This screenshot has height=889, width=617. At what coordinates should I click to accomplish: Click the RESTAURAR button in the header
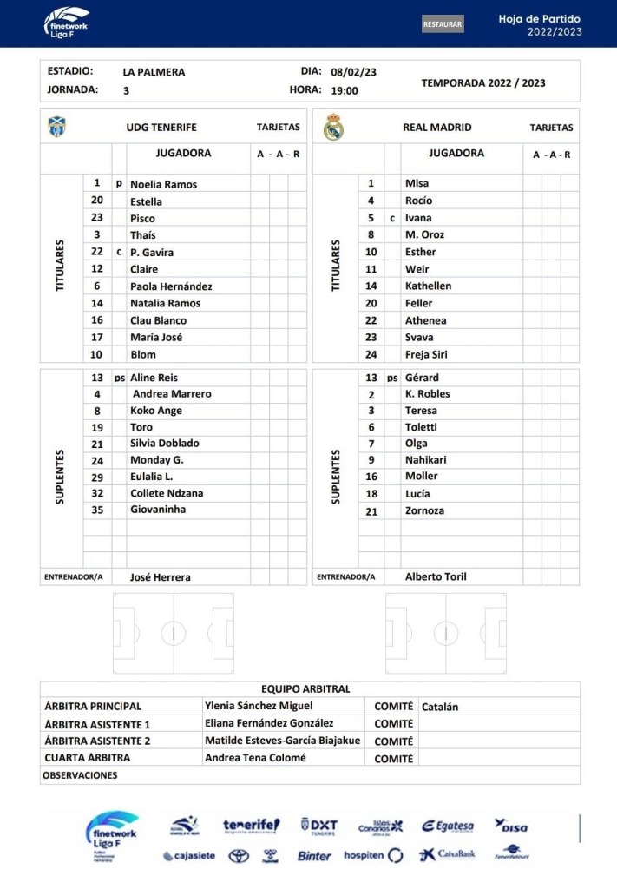pyautogui.click(x=443, y=24)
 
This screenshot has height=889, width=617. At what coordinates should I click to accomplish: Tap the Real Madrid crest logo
pyautogui.click(x=333, y=128)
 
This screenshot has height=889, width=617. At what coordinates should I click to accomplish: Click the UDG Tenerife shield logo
pyautogui.click(x=57, y=127)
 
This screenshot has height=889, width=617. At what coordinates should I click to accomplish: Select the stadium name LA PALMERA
pyautogui.click(x=154, y=72)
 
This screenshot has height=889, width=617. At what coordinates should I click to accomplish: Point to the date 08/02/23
pyautogui.click(x=353, y=72)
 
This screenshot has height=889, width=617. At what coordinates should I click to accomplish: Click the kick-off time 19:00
pyautogui.click(x=345, y=89)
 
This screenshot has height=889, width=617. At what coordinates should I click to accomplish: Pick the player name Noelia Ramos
pyautogui.click(x=163, y=184)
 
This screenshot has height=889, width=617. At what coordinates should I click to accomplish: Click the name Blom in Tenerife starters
pyautogui.click(x=143, y=354)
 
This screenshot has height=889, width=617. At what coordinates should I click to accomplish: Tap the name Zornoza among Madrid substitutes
pyautogui.click(x=424, y=510)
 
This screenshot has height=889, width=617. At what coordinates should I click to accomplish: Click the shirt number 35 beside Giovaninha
pyautogui.click(x=97, y=510)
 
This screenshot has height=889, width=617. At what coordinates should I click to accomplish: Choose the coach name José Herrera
pyautogui.click(x=160, y=576)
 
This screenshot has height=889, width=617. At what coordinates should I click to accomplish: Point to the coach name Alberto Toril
pyautogui.click(x=436, y=576)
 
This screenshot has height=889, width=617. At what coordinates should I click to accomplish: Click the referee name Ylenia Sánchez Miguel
pyautogui.click(x=259, y=706)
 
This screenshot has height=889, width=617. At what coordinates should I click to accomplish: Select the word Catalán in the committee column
pyautogui.click(x=440, y=707)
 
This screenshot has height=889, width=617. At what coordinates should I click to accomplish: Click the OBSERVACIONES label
pyautogui.click(x=80, y=775)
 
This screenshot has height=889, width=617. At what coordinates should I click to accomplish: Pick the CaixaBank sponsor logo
pyautogui.click(x=447, y=855)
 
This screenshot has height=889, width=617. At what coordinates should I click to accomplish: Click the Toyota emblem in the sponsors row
pyautogui.click(x=239, y=856)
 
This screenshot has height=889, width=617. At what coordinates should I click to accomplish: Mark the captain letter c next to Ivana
pyautogui.click(x=392, y=218)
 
